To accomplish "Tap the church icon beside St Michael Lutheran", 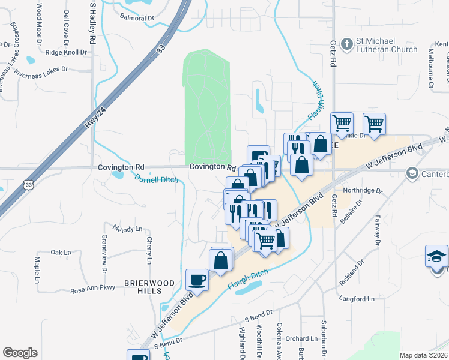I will click(346, 44).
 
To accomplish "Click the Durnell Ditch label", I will click(156, 179).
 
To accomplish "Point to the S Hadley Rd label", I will click(93, 23).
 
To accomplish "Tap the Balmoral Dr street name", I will click(137, 18).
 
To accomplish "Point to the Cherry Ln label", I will click(149, 250).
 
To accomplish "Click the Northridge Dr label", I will click(362, 190).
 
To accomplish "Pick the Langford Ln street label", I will click(356, 298).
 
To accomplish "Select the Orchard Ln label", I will click(297, 338).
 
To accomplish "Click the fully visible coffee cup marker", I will click(197, 279).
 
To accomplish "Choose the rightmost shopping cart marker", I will click(374, 124).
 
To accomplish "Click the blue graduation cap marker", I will click(436, 256).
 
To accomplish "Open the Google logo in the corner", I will click(20, 353).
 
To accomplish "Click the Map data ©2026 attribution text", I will click(423, 355).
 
